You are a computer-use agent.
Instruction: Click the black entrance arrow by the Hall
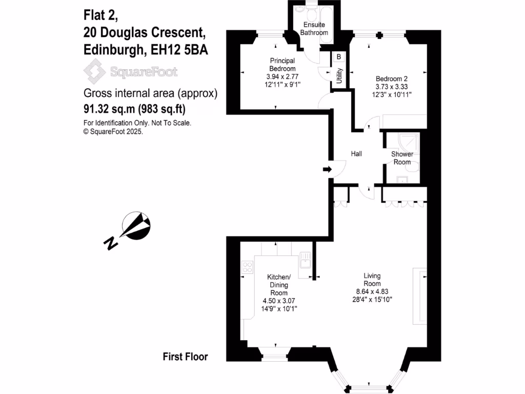click(x=327, y=169)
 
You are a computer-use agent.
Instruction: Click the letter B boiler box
click(x=339, y=57)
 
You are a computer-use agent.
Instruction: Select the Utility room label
click(x=339, y=76)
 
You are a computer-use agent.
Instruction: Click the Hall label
click(x=357, y=153)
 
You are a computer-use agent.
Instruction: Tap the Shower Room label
click(x=402, y=158)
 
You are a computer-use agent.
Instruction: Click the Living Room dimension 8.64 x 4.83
click(x=372, y=291)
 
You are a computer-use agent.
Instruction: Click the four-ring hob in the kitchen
click(x=247, y=267)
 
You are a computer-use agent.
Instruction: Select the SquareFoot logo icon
click(x=95, y=71)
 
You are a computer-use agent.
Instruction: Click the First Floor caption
click(x=185, y=357)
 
